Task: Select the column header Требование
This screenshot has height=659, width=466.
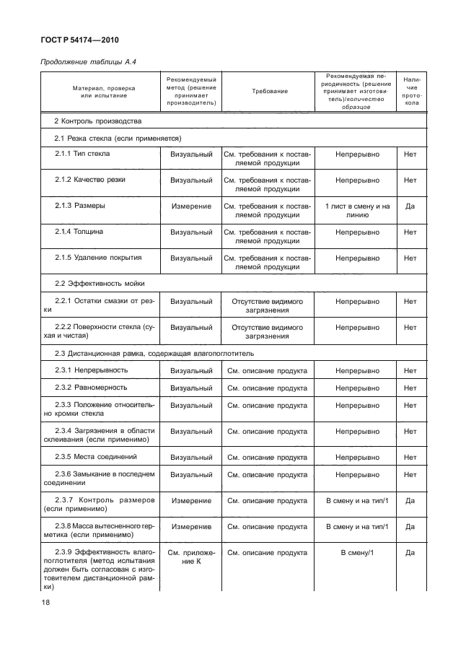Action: point(269,92)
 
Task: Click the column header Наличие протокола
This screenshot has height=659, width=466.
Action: point(410,92)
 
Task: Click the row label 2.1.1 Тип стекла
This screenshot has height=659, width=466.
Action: point(83,154)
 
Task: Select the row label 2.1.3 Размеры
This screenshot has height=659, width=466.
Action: point(80,206)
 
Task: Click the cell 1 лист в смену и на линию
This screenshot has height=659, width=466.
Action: point(356,211)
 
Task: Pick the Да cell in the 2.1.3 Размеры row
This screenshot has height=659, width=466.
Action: point(410,206)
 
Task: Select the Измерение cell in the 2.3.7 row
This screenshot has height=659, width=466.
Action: point(191,500)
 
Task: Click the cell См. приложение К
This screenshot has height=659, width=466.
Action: point(191,557)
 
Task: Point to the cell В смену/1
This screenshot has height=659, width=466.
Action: point(356,552)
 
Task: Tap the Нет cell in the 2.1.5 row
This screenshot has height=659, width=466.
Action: point(410,258)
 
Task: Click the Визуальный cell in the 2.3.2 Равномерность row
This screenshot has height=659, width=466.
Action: point(191,388)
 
